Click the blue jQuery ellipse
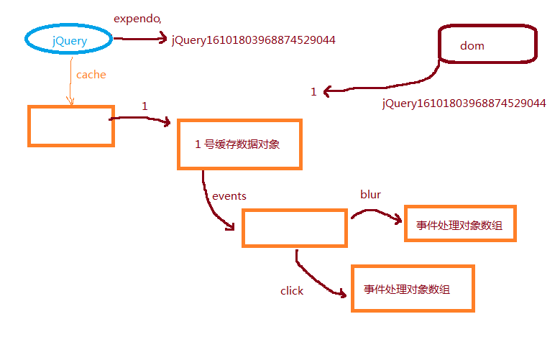70,40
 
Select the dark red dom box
487,45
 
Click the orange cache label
91,74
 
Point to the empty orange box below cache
70,126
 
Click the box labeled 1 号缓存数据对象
239,144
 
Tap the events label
229,195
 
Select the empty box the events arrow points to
293,229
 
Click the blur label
370,194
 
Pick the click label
292,291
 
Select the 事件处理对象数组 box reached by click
413,289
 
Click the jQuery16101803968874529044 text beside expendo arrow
253,40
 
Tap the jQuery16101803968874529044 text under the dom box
464,103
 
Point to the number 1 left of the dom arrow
313,92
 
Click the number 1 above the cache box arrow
144,106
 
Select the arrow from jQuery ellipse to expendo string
141,39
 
